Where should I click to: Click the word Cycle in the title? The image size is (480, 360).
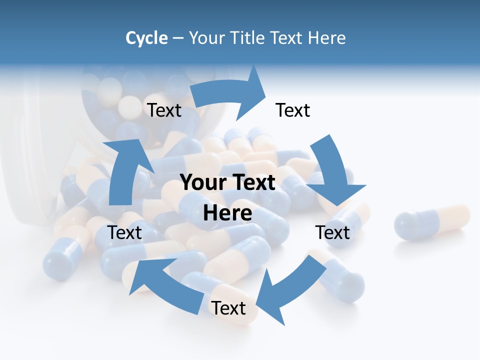coord(146,38)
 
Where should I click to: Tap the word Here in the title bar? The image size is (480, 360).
coord(327,38)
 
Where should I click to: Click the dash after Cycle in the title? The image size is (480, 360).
coord(178,38)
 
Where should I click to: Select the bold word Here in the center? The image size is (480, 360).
coord(227,213)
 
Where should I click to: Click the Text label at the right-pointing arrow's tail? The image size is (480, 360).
coord(164,110)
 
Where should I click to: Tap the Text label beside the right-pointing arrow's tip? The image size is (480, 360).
coord(293,110)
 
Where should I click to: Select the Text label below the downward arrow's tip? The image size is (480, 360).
coord(332,232)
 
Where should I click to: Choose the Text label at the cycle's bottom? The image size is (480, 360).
coord(228,308)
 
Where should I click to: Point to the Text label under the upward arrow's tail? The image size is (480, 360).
coord(124,232)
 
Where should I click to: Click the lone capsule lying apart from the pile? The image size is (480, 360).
coord(432,222)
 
